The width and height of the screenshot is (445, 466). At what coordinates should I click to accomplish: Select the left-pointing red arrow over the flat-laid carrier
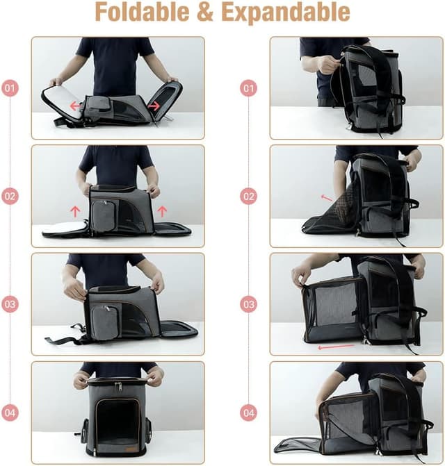point(74,106)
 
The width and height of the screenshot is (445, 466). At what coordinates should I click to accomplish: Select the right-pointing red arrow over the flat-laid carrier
point(154,106)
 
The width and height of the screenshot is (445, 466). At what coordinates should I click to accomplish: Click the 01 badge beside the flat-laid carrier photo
point(10,88)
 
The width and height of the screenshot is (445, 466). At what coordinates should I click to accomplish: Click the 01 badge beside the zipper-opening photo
point(248,88)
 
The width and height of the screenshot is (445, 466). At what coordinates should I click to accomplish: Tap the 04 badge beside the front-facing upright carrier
point(10,413)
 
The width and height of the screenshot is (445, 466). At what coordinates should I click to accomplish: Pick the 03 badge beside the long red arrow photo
point(248,304)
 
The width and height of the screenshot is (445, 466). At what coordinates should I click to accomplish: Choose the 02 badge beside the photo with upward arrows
point(10,197)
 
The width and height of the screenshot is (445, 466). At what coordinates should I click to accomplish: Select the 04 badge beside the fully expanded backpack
point(248,413)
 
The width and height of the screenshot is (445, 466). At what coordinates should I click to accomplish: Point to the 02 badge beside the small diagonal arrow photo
point(248,197)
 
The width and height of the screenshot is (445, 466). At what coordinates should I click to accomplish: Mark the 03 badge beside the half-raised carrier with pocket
point(10,304)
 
